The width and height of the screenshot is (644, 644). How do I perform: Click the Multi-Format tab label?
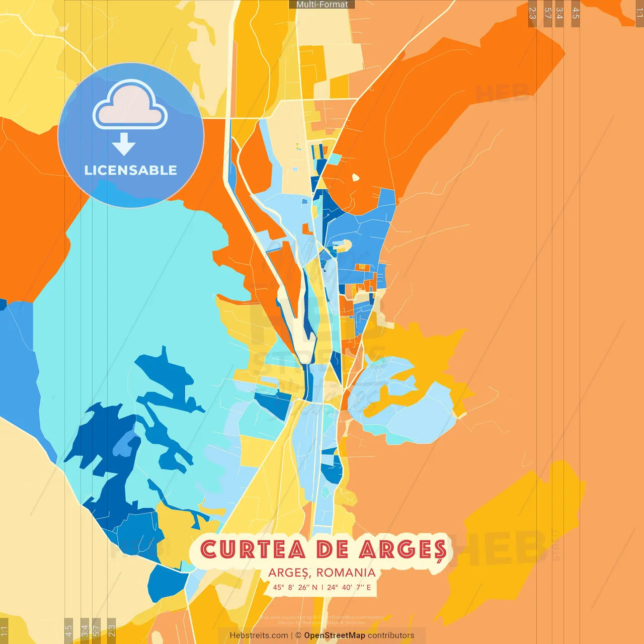(x=322, y=5)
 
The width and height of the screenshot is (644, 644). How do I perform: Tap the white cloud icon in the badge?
(x=130, y=106)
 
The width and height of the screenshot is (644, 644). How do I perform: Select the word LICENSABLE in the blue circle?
(x=130, y=171)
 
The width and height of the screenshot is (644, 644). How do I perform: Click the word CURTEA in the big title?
(x=253, y=549)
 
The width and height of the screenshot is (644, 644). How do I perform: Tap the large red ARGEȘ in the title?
(x=403, y=550)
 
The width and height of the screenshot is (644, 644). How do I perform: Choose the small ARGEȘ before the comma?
(x=289, y=573)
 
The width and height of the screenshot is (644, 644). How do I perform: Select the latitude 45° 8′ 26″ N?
(x=295, y=587)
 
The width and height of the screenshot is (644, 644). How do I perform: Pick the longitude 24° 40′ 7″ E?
(x=349, y=587)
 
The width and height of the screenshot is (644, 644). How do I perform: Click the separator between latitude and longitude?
(x=322, y=587)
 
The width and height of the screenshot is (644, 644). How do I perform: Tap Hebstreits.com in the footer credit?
(x=259, y=635)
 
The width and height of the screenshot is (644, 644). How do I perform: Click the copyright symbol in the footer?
(x=298, y=635)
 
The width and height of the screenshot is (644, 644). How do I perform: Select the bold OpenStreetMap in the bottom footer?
(x=335, y=635)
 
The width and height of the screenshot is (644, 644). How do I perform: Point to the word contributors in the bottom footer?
(x=391, y=635)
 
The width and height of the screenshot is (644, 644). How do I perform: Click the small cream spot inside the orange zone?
(x=356, y=177)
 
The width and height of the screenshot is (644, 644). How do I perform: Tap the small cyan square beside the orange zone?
(x=334, y=159)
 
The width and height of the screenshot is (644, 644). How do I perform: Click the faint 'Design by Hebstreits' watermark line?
(x=322, y=623)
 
